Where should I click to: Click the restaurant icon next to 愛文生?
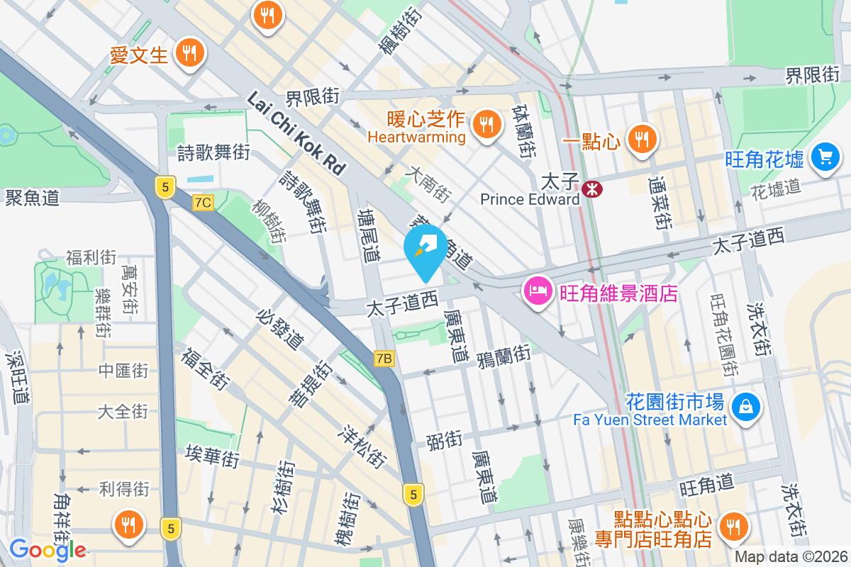189,52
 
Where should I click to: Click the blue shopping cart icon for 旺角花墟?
824,155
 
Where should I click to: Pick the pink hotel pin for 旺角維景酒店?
538,291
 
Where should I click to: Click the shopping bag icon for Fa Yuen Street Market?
746,407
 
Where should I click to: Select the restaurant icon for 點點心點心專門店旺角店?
733,527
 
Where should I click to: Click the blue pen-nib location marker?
425,249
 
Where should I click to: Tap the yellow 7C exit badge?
202,203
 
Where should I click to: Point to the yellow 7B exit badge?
384,359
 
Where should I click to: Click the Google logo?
48,549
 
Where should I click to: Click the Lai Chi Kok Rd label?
296,133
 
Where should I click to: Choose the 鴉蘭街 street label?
504,352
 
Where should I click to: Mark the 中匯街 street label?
123,370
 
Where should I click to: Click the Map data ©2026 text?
791,557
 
